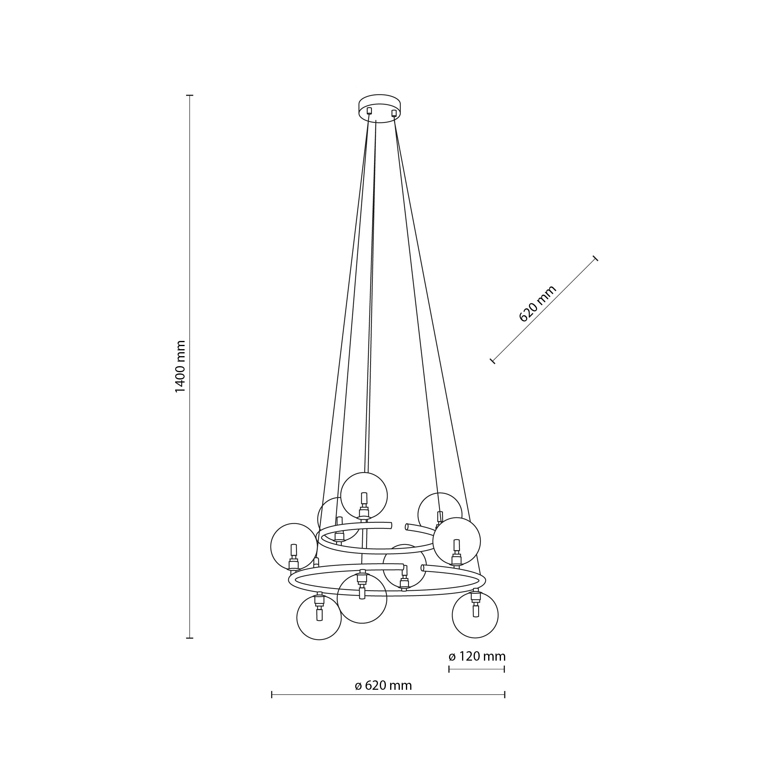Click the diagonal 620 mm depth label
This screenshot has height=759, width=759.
pos(537,304)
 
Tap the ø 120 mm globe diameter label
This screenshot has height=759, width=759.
pos(477,656)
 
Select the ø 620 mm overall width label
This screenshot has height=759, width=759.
pos(383,686)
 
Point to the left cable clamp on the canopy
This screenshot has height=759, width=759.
pos(369,111)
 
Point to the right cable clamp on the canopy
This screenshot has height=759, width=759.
pos(394,113)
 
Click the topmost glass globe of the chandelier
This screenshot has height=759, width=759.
pos(364,496)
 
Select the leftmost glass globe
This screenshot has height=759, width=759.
pos(294,546)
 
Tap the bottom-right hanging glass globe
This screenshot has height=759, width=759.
pos(475,615)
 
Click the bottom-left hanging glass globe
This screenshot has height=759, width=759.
pos(319,618)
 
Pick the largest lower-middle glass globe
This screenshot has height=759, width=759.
pos(362,598)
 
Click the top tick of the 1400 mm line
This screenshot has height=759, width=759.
pos(190,95)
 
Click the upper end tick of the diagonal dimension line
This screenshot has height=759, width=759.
pos(596,258)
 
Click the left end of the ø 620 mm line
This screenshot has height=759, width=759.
pos(272,695)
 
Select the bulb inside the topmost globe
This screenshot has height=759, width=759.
pos(364,498)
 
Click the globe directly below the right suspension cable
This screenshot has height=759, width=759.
pos(457,541)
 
